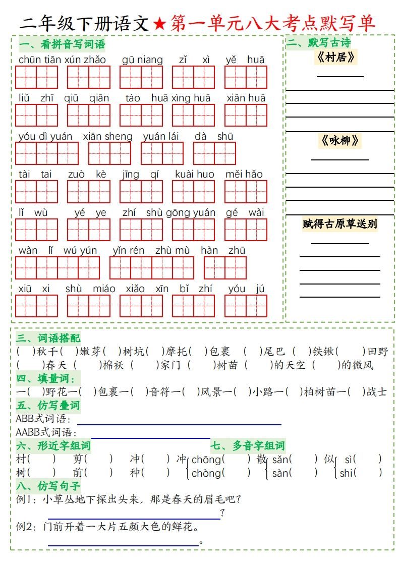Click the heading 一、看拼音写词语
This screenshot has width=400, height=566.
[62, 44]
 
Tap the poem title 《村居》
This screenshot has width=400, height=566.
[336, 58]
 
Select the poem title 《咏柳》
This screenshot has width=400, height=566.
[339, 141]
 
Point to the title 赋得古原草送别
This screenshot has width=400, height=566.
[339, 223]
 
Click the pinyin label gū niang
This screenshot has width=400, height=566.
[142, 60]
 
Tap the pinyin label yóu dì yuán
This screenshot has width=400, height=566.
[45, 136]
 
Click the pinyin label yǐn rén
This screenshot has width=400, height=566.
[128, 251]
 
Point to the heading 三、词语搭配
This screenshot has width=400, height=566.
[48, 338]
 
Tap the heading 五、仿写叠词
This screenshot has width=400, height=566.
[48, 406]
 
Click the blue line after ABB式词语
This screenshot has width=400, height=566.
[179, 425]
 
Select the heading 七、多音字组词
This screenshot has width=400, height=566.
[248, 446]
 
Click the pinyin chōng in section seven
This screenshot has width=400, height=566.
[206, 460]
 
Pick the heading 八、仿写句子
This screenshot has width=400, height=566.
[48, 486]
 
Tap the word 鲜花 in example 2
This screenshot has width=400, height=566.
[183, 527]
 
